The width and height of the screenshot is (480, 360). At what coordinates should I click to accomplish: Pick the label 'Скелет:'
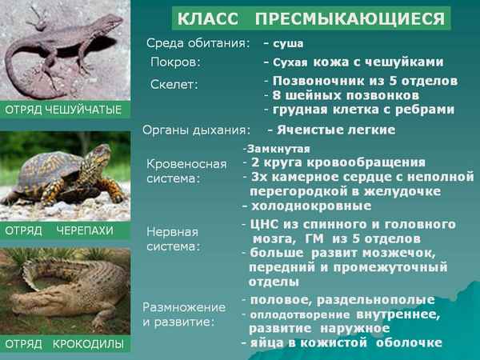[174, 84]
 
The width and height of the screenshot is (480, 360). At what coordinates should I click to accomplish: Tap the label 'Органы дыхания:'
[196, 129]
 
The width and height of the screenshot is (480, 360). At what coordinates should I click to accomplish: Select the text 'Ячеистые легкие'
[337, 129]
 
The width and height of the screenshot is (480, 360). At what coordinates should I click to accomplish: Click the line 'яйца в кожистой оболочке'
[345, 342]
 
